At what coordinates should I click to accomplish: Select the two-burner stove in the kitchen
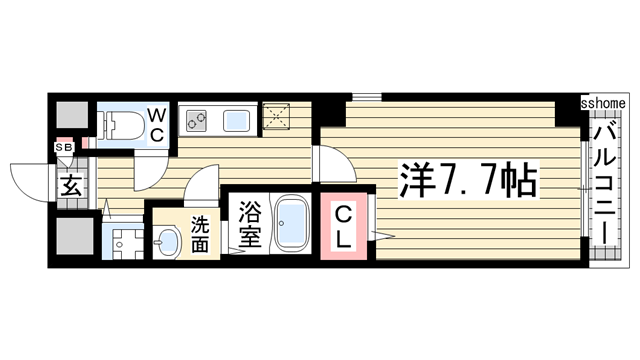195,122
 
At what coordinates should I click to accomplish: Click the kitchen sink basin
236,123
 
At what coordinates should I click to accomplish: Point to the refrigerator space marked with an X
276,118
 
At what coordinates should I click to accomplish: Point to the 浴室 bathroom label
249,226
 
